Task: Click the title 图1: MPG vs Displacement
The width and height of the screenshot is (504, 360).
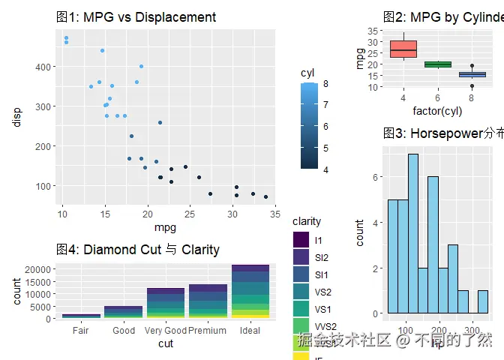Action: [x=136, y=17]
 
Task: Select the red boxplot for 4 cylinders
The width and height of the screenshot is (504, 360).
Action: [x=403, y=49]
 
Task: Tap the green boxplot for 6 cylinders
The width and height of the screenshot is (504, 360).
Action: [x=437, y=64]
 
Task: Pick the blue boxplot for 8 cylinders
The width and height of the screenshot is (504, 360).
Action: [x=472, y=74]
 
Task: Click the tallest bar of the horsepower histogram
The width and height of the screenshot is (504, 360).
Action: [x=413, y=233]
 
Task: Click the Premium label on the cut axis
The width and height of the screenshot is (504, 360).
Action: [x=208, y=331]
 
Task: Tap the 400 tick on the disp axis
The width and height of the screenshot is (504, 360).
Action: [x=43, y=67]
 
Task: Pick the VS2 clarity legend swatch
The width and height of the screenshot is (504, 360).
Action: [x=301, y=291]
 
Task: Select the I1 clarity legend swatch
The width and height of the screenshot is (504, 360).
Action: [x=301, y=240]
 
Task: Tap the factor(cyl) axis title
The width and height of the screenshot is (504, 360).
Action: [x=437, y=112]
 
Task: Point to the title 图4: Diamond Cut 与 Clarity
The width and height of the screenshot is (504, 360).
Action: [x=138, y=250]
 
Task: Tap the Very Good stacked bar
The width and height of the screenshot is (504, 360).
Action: [x=166, y=304]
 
